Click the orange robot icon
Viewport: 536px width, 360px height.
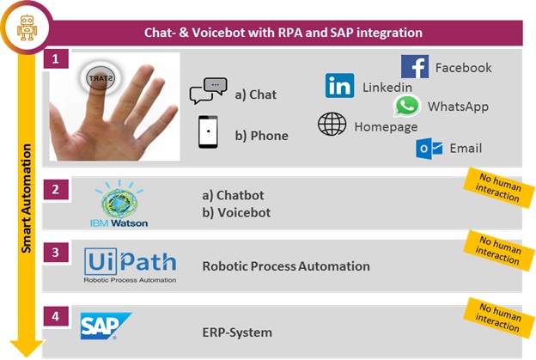(27, 27)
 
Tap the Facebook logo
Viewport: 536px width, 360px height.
(415, 66)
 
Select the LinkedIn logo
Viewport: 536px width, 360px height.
(339, 85)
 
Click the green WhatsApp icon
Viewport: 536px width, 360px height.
(407, 106)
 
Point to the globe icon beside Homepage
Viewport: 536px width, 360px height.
(332, 124)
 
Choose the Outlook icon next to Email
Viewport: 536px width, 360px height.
(429, 149)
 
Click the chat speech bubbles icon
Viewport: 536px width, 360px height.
(209, 90)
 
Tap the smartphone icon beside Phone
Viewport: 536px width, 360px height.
(208, 132)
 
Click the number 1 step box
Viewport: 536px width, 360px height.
(56, 58)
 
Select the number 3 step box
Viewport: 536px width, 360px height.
(56, 253)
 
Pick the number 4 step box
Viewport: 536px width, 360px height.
(56, 316)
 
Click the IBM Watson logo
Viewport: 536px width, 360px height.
(119, 204)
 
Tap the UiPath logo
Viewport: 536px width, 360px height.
(130, 265)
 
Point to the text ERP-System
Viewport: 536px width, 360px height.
(237, 333)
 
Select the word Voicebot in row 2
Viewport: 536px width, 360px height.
(244, 213)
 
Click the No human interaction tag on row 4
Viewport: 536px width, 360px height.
(499, 318)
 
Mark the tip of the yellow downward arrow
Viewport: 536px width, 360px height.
(27, 357)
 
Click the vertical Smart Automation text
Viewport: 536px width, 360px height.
(26, 198)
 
